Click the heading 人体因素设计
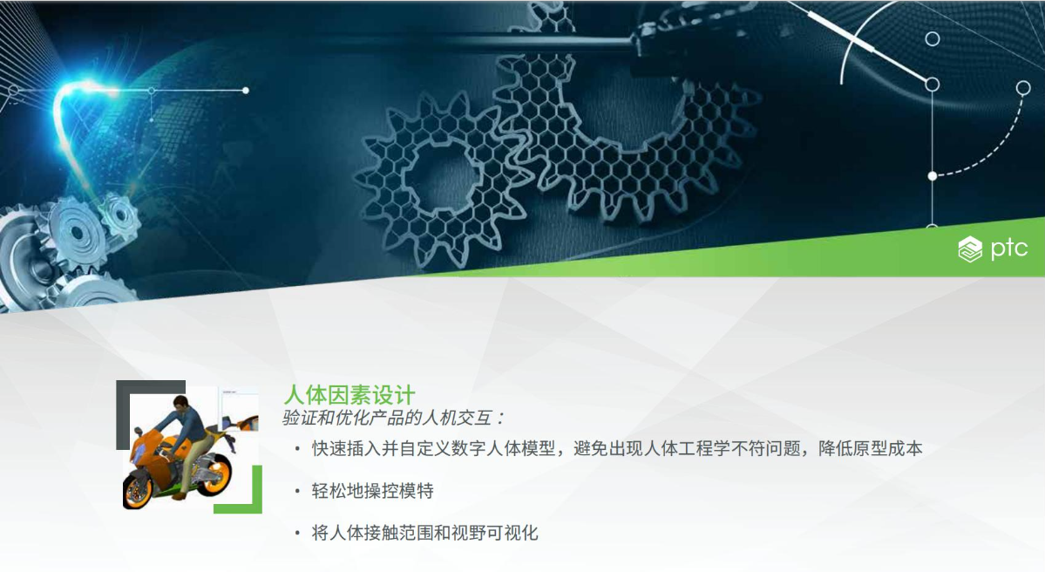click(x=349, y=395)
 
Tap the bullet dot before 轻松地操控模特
click(x=297, y=491)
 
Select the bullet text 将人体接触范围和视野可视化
click(x=424, y=533)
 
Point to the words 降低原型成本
click(x=871, y=449)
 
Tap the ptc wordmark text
click(x=1009, y=248)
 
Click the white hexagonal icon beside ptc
click(x=970, y=249)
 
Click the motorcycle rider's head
click(x=180, y=404)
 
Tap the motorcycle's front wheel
click(x=139, y=489)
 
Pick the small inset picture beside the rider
click(x=240, y=411)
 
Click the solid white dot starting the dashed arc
click(x=933, y=176)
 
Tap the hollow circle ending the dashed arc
click(x=1023, y=88)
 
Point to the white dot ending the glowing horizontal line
click(x=246, y=90)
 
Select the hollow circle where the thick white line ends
click(x=933, y=85)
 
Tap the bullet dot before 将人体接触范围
click(x=297, y=534)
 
